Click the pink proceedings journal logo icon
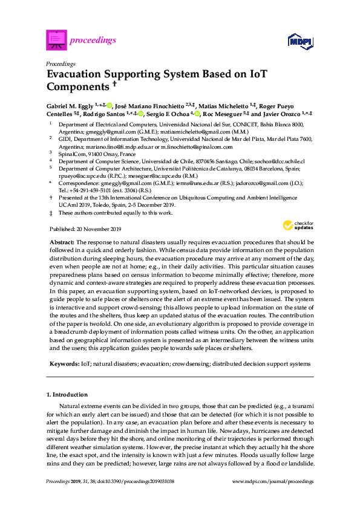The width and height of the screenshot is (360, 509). click(56, 41)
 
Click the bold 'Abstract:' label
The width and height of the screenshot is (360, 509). click(62, 241)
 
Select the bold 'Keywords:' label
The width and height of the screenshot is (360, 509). click(64, 364)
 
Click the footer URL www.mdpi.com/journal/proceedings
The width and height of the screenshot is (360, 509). click(273, 482)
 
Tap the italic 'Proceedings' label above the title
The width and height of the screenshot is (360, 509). click(61, 63)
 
